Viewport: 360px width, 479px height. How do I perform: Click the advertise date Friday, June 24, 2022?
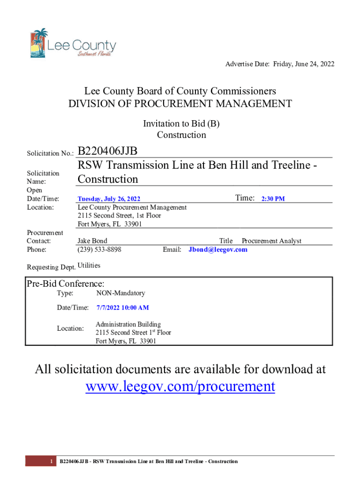point(297,64)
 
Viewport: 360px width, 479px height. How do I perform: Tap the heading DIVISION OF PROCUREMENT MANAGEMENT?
point(180,104)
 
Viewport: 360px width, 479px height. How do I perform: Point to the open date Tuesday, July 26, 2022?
point(109,199)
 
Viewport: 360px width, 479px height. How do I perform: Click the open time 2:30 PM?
point(273,199)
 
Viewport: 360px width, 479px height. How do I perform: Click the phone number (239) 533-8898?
point(99,249)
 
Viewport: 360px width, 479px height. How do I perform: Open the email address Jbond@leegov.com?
point(218,249)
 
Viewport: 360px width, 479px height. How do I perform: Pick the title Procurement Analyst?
point(271,241)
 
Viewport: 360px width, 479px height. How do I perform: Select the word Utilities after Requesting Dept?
point(89,266)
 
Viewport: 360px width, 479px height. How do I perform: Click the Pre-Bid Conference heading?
point(65,283)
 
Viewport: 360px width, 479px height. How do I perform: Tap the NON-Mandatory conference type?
point(121,293)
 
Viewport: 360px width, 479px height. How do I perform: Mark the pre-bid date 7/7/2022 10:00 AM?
point(122,308)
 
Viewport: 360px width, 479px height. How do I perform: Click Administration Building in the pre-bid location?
point(128,324)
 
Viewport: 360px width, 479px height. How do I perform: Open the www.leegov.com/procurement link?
point(180,386)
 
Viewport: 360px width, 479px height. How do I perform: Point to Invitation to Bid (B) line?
point(181,124)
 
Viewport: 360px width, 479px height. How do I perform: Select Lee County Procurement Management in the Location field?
point(132,207)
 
